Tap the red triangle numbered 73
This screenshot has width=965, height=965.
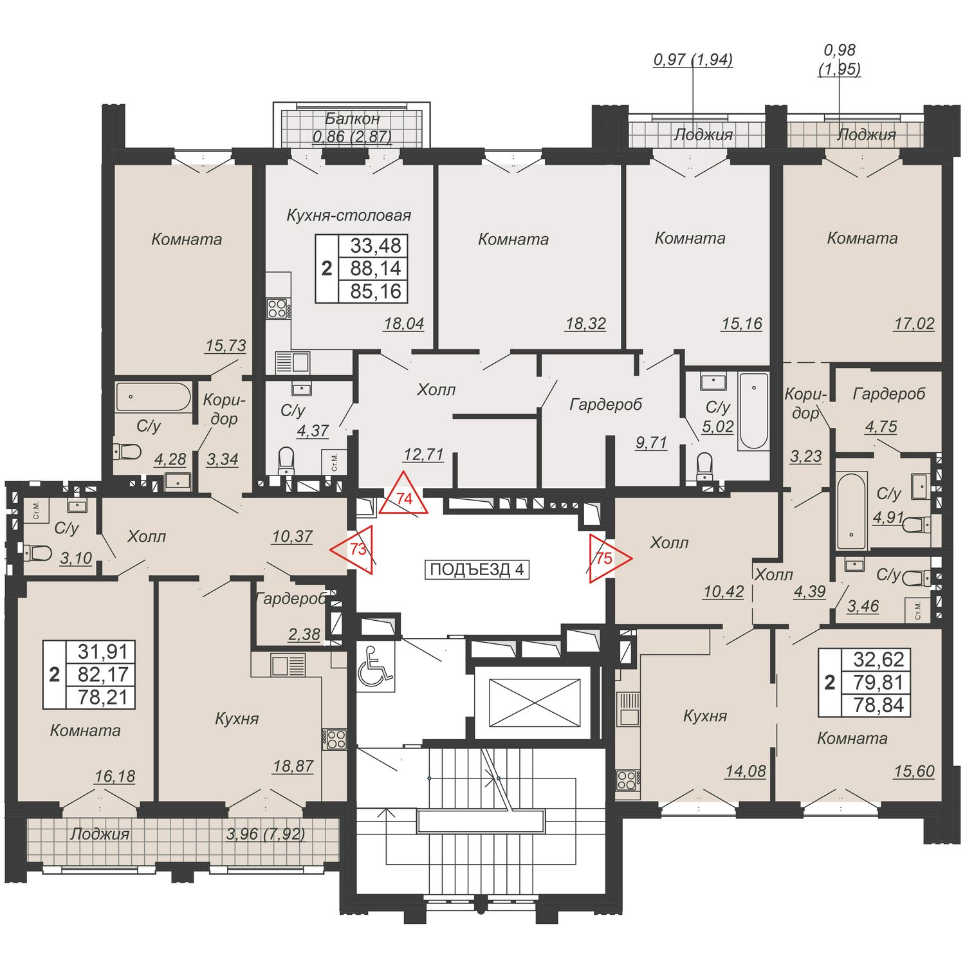356,549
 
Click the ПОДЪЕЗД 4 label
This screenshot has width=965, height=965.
477,569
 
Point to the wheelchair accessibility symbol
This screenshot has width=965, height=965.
375,666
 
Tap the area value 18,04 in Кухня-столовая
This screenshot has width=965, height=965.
403,324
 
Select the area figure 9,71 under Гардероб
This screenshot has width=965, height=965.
651,443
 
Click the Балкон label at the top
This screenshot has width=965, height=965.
352,118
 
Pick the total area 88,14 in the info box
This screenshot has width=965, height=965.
376,268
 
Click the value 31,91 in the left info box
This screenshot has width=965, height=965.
104,652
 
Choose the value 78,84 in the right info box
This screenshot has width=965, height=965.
879,705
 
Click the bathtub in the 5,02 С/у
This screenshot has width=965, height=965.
753,411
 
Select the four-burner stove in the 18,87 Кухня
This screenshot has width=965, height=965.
335,739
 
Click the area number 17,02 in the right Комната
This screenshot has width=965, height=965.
914,323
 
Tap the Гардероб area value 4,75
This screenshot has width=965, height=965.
881,426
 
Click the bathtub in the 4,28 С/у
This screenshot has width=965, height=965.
154,397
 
